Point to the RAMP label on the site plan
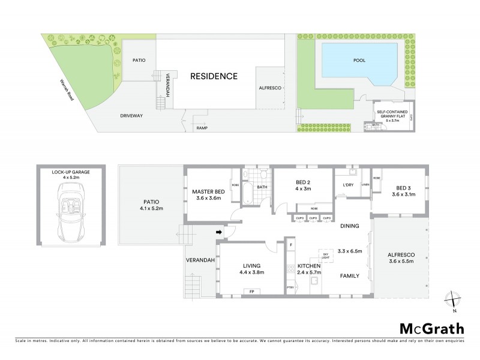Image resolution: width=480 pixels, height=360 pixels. click(x=202, y=128)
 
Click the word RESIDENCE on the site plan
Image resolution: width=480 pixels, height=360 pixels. click(x=214, y=76)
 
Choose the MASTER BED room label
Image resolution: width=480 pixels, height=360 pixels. click(x=208, y=192)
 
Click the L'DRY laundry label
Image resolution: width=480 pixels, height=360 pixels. click(x=345, y=185)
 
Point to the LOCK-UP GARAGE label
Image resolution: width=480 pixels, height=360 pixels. click(x=71, y=172)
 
